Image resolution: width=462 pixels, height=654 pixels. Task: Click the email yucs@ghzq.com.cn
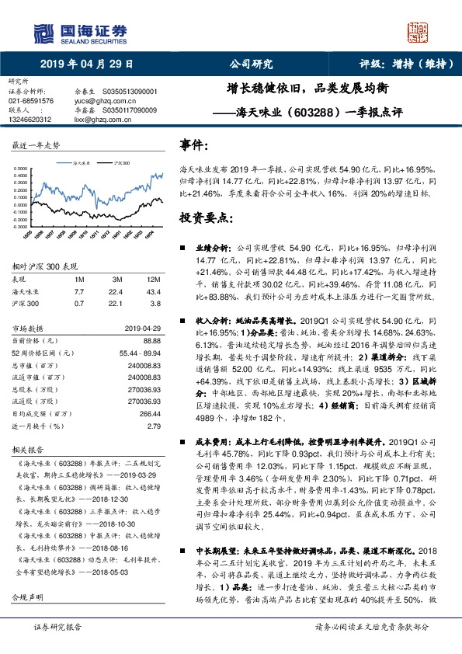pyautogui.click(x=99, y=100)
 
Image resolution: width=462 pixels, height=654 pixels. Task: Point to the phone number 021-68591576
pyautogui.click(x=31, y=100)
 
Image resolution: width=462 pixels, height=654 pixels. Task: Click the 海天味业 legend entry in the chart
pyautogui.click(x=83, y=164)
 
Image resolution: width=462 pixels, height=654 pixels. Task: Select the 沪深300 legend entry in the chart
pyautogui.click(x=120, y=164)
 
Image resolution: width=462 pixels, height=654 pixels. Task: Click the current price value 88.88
pyautogui.click(x=153, y=340)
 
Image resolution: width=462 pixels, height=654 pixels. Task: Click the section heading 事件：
pyautogui.click(x=194, y=145)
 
